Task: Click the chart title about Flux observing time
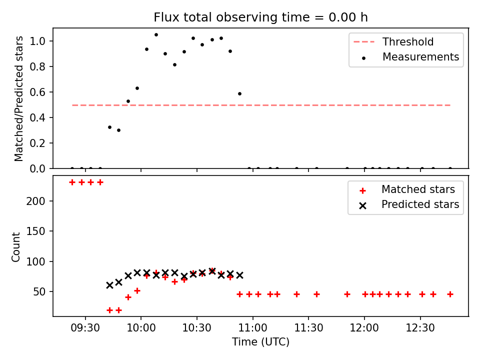click(x=260, y=17)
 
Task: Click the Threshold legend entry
click(x=393, y=41)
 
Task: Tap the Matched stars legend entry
click(x=407, y=189)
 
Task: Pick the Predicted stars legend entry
click(x=409, y=204)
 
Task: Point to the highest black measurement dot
click(x=156, y=35)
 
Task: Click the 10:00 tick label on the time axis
click(x=141, y=328)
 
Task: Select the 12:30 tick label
click(x=420, y=328)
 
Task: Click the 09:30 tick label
click(x=85, y=328)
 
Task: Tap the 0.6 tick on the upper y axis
click(x=37, y=92)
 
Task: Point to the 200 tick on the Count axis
click(x=35, y=201)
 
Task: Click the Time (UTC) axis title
click(x=260, y=341)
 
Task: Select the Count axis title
click(x=15, y=247)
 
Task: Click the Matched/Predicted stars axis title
click(x=18, y=98)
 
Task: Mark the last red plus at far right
click(x=450, y=294)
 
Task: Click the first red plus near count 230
click(x=72, y=182)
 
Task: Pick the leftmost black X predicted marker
click(x=109, y=285)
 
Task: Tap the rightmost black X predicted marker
click(x=239, y=275)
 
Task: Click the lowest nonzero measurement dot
click(x=119, y=130)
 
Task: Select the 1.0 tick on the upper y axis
click(x=37, y=41)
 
